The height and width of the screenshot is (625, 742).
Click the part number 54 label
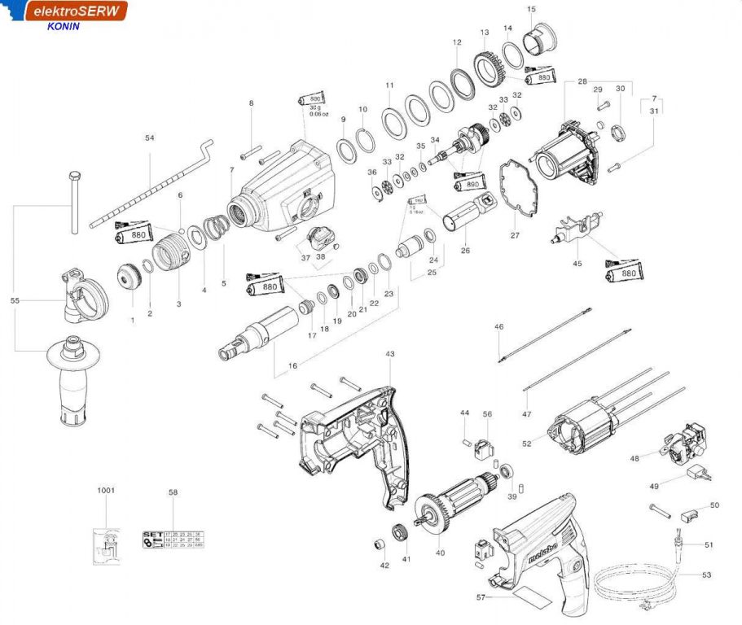pos(149,138)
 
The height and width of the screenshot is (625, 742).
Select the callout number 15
pos(531,9)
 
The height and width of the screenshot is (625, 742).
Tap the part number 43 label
pos(389,354)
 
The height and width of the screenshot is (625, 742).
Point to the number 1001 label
pos(106,491)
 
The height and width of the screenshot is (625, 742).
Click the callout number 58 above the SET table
pos(173,492)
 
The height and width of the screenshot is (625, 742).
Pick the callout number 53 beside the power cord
pos(705,575)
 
